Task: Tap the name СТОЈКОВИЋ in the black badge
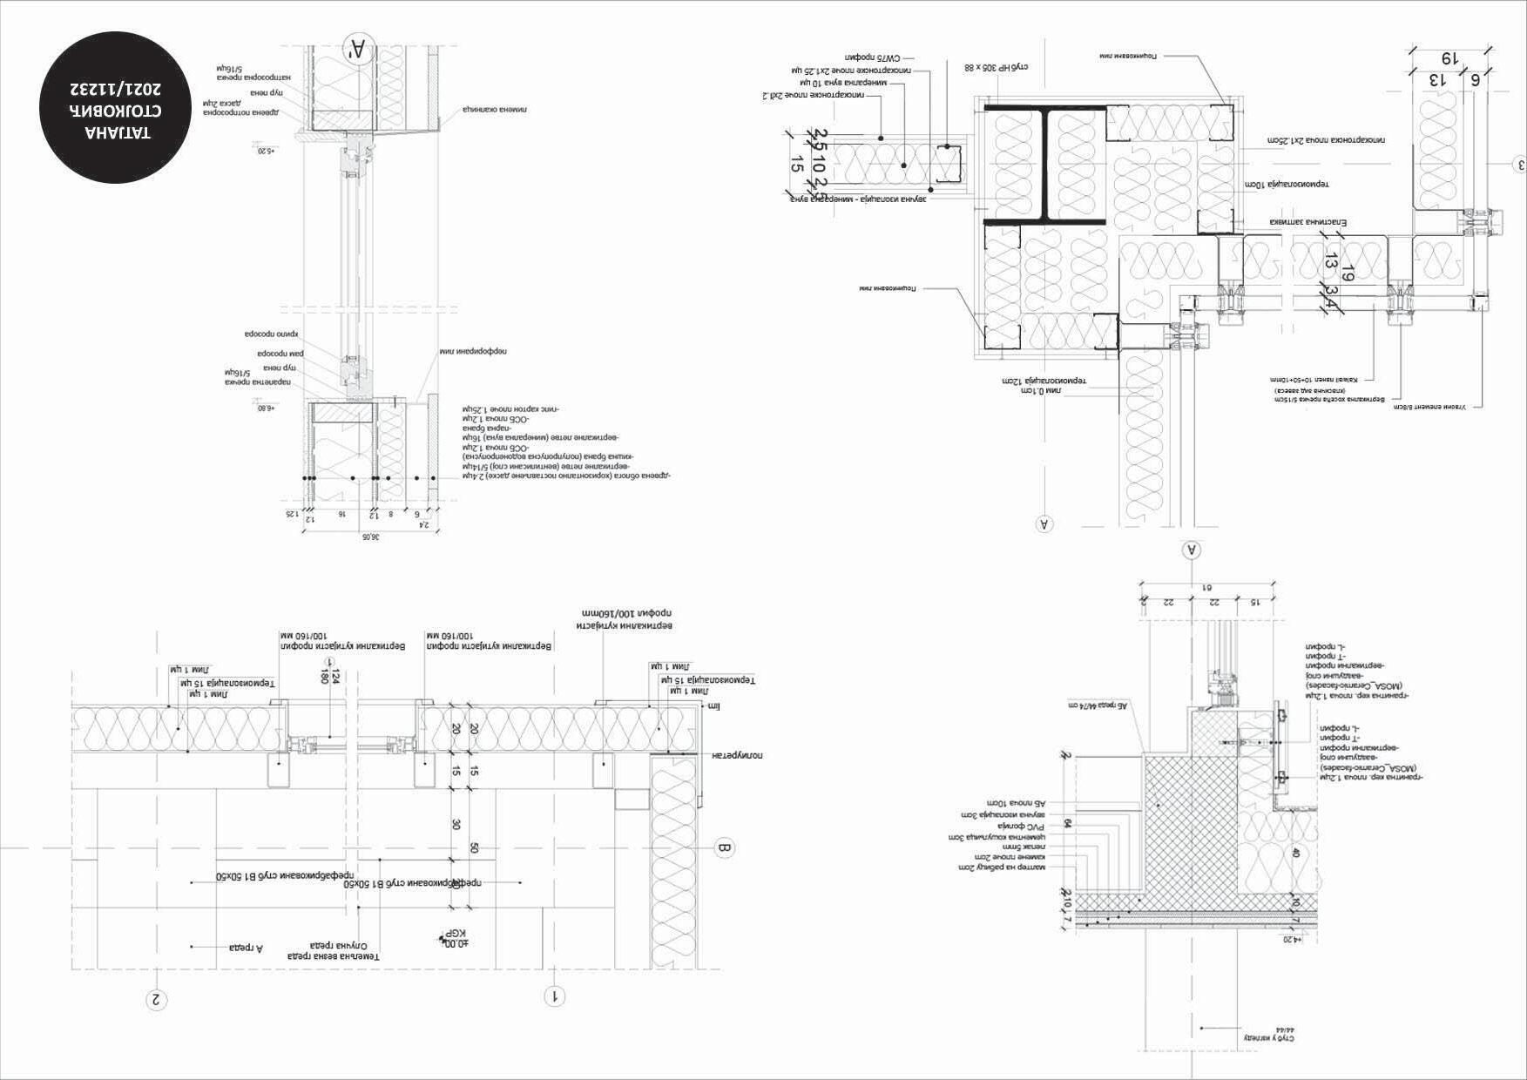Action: tap(118, 111)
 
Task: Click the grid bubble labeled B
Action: tap(725, 848)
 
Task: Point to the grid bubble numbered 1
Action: tap(555, 996)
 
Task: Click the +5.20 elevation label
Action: tap(264, 152)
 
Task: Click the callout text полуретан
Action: tap(738, 755)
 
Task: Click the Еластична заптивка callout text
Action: tap(1307, 222)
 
